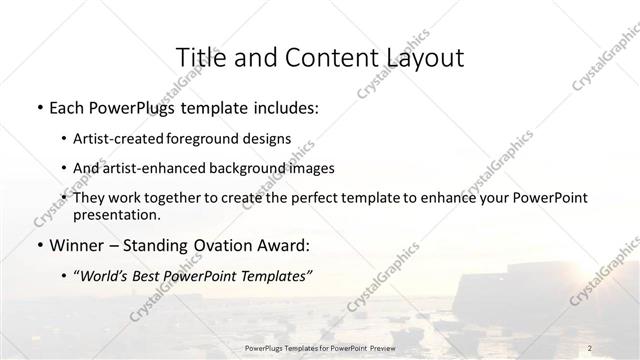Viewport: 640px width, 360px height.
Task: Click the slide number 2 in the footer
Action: click(x=590, y=347)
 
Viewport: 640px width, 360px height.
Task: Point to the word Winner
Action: click(x=78, y=243)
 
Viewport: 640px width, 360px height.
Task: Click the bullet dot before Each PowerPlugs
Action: click(x=37, y=106)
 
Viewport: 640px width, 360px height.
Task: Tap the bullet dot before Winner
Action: click(x=37, y=243)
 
